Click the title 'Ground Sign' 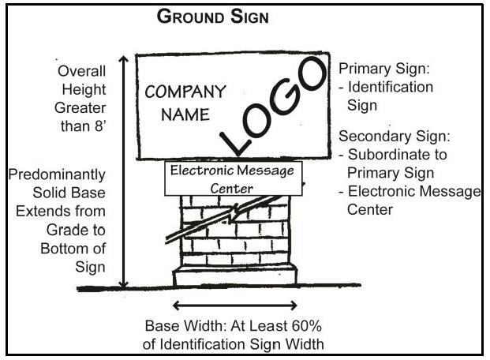pyautogui.click(x=213, y=17)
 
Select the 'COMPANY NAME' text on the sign pyautogui.click(x=186, y=102)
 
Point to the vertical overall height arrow pyautogui.click(x=123, y=170)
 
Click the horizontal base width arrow pyautogui.click(x=235, y=305)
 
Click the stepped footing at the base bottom pyautogui.click(x=234, y=276)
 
